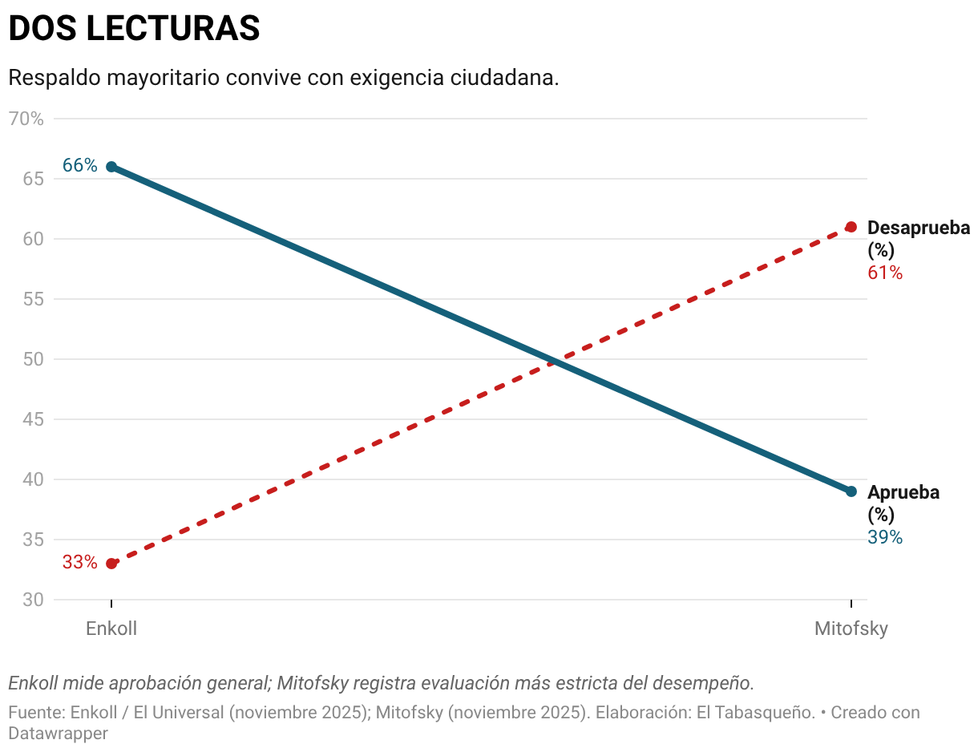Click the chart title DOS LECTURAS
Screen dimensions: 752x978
click(x=134, y=29)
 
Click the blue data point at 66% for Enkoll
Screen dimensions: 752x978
click(x=111, y=167)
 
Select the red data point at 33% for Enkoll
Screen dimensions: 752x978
click(x=111, y=564)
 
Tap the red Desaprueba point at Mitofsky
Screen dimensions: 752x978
click(x=851, y=227)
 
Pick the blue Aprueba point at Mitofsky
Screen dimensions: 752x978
click(x=851, y=491)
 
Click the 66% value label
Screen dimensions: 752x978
click(x=80, y=166)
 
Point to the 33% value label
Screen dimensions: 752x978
click(x=80, y=563)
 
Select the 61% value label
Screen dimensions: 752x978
click(x=885, y=273)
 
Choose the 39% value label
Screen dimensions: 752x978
click(x=885, y=538)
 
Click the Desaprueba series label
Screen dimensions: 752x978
click(x=918, y=228)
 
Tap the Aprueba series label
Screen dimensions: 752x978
click(x=903, y=493)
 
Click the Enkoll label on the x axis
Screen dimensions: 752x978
click(x=111, y=629)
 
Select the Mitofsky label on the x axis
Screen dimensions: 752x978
click(x=851, y=629)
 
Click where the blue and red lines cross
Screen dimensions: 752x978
click(x=553, y=362)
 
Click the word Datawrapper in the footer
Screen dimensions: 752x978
click(x=58, y=733)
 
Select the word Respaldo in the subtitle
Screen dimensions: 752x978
click(x=53, y=79)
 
